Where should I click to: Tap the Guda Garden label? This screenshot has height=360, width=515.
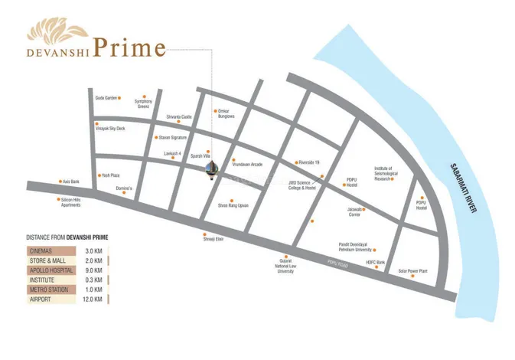(x=106, y=98)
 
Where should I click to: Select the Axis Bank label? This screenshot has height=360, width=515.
(x=70, y=182)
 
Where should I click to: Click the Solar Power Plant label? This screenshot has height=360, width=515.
(x=412, y=270)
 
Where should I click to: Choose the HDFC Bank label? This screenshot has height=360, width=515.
(x=375, y=262)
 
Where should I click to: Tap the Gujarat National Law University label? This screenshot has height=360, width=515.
(x=286, y=267)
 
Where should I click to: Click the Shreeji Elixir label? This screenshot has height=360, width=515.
(x=213, y=239)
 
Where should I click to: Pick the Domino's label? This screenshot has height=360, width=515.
(x=125, y=188)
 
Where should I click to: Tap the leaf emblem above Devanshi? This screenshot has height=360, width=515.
(x=60, y=32)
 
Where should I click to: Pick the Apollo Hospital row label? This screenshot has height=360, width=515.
(x=51, y=270)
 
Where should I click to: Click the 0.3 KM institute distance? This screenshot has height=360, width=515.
(x=94, y=280)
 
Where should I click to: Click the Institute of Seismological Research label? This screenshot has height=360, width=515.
(x=383, y=173)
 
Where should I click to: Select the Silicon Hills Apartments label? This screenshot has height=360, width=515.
(x=71, y=203)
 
